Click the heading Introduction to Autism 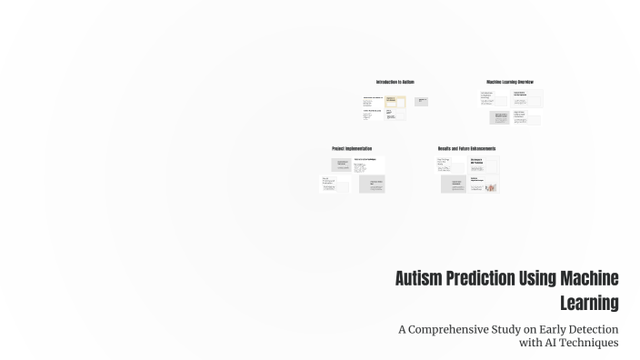pos(395,82)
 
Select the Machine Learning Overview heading pos(510,82)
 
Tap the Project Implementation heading pos(352,148)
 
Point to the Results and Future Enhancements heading pos(467,148)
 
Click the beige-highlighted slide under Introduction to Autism pos(395,102)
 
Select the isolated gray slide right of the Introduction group pos(422,101)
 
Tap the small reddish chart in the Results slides pos(490,187)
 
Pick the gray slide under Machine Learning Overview pos(499,117)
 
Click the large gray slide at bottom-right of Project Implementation pos(372,184)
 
